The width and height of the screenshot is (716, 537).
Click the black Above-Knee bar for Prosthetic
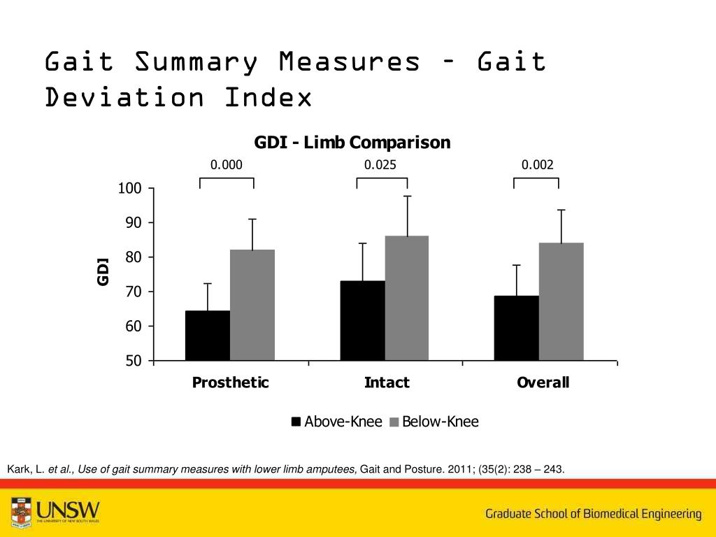tap(208, 336)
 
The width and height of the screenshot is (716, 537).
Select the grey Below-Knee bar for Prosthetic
tap(252, 305)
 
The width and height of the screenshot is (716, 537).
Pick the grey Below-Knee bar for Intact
tap(407, 298)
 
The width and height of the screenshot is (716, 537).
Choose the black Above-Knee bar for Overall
tap(516, 328)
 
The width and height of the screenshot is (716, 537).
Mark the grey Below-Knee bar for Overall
tap(561, 301)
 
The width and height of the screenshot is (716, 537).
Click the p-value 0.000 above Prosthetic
tap(227, 165)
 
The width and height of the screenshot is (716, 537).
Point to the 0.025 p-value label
tap(380, 165)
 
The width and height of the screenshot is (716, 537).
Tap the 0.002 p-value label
tap(537, 165)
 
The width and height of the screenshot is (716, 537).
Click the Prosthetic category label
tap(230, 382)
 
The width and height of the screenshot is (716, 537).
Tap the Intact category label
tap(387, 382)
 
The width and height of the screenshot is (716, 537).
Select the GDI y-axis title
tap(103, 271)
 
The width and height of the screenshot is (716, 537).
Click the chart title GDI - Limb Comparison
tap(352, 143)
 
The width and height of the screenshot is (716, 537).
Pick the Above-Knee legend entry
tap(337, 422)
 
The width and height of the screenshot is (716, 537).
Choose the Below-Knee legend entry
tap(434, 422)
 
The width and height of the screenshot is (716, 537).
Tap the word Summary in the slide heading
tap(196, 62)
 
